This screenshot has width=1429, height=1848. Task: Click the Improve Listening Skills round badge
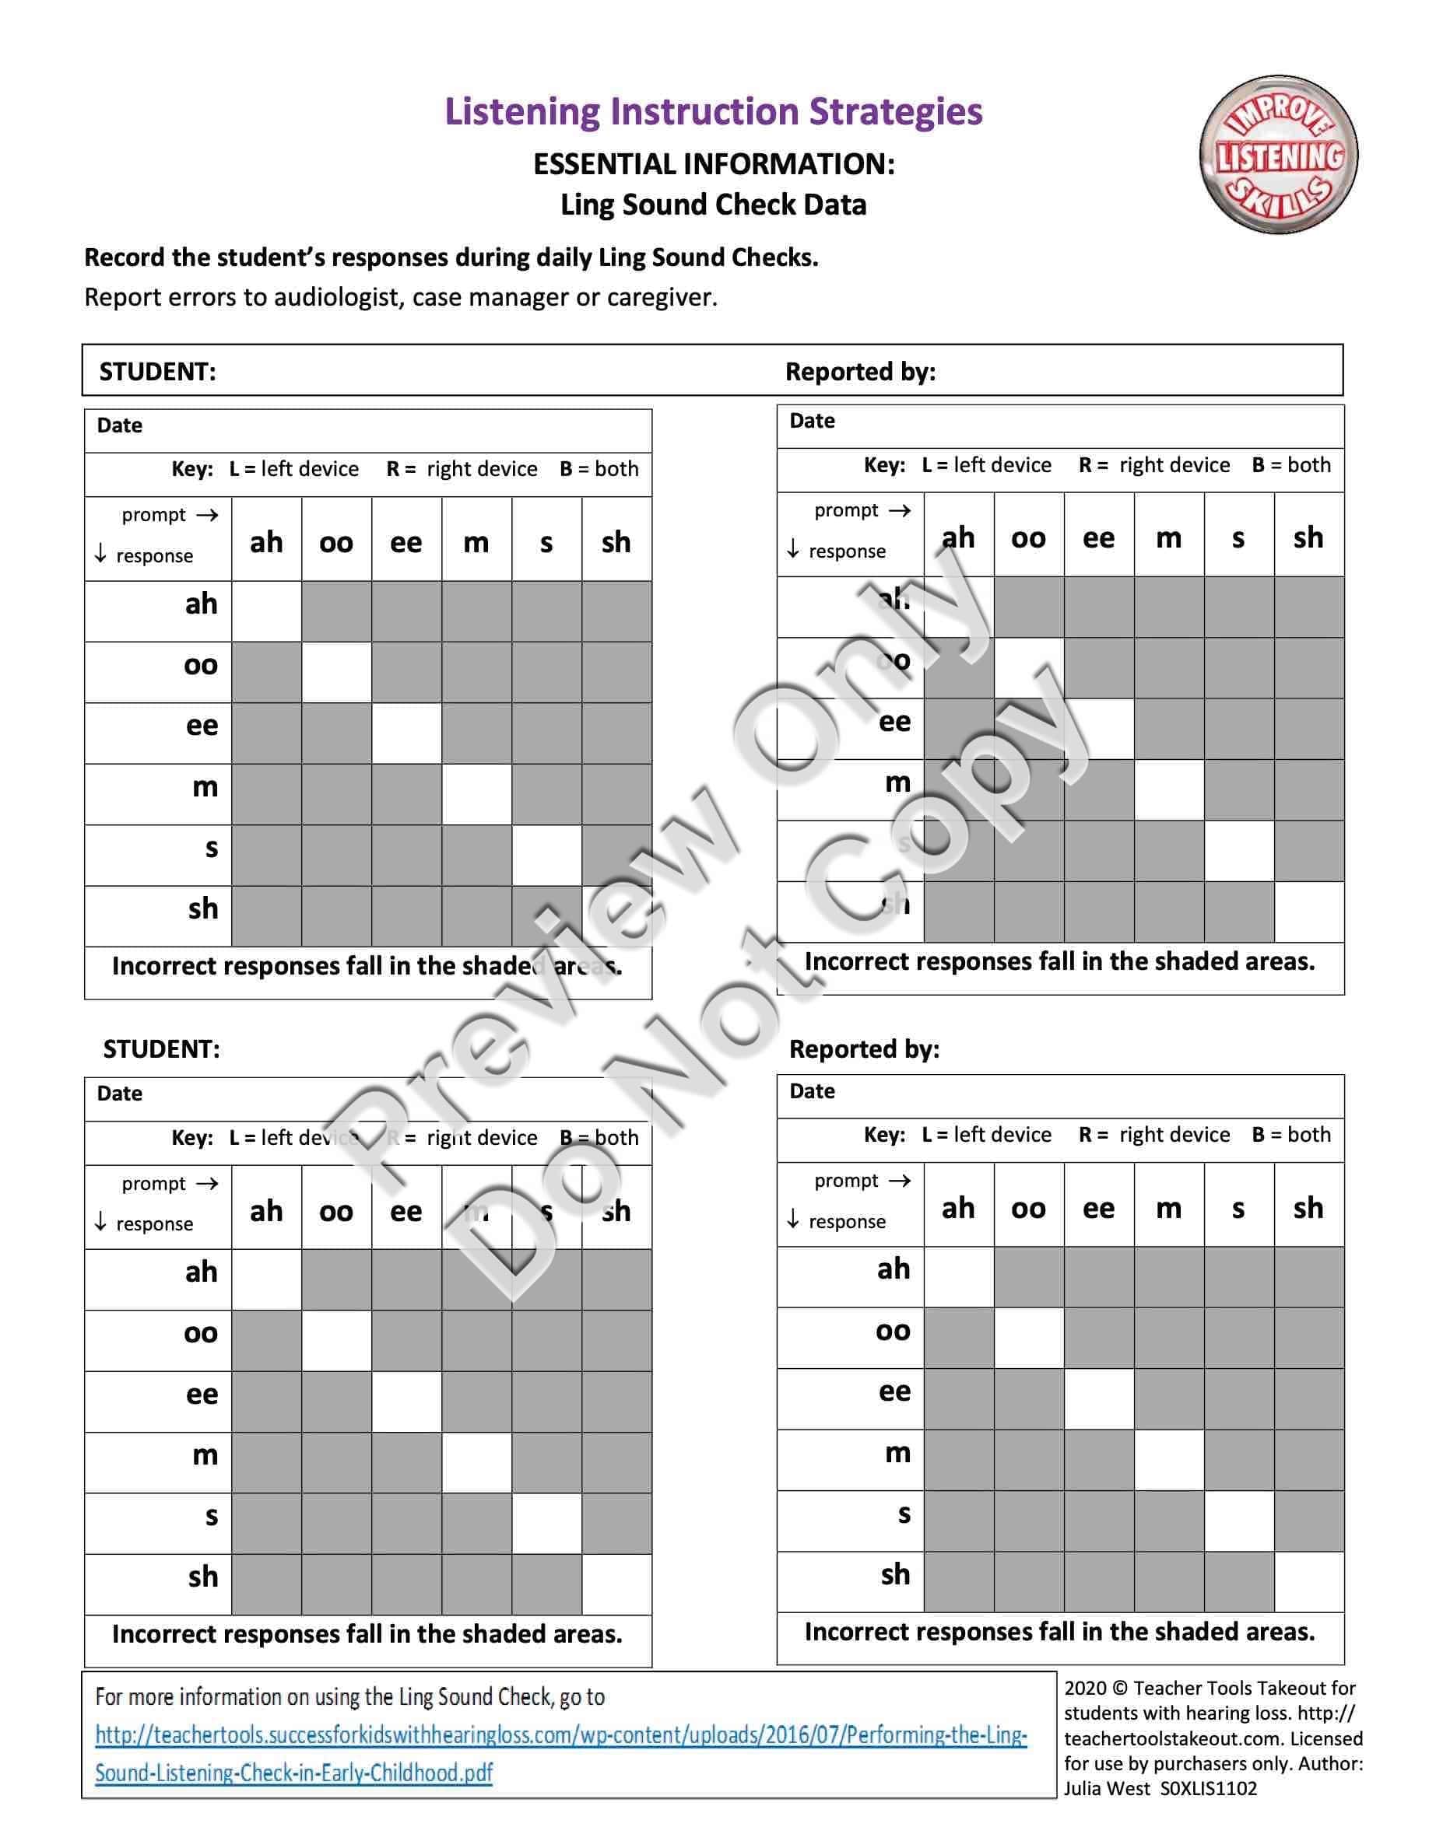(1277, 155)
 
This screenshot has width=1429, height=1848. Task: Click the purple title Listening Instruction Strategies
(714, 112)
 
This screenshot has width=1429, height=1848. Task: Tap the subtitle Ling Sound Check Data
(713, 205)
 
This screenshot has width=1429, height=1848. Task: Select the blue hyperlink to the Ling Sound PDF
(560, 1753)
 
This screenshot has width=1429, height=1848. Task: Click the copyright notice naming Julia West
(1213, 1738)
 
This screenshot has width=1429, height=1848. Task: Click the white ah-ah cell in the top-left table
(267, 611)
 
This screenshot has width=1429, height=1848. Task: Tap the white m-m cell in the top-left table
(476, 793)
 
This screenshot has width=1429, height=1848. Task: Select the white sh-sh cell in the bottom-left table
(616, 1584)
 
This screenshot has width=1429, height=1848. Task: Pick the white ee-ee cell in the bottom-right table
(1099, 1398)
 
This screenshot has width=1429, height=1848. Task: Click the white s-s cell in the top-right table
(1238, 850)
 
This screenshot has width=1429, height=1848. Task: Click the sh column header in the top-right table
(1308, 537)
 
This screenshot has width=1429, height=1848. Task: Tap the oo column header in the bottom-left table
(336, 1211)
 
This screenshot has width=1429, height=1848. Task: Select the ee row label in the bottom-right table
(894, 1392)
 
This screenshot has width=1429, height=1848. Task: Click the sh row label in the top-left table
(203, 908)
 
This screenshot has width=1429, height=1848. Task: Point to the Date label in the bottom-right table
(812, 1091)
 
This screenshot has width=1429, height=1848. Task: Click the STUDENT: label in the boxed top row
(157, 373)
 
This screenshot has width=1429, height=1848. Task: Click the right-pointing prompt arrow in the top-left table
(207, 514)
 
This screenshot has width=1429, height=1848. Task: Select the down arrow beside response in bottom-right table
(792, 1220)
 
